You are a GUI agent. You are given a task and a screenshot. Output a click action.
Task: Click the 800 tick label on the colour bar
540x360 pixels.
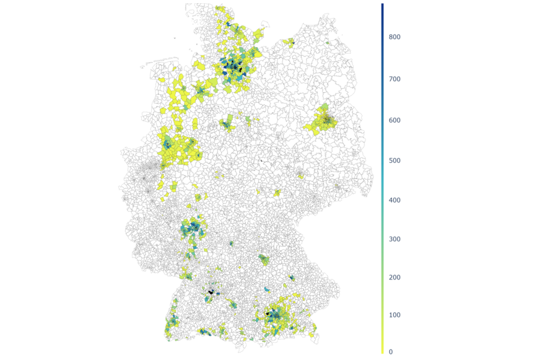[x=394, y=37]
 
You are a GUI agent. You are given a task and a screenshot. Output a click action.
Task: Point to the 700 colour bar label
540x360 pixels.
[x=394, y=79]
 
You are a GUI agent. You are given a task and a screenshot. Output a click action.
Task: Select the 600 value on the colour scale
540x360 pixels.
[x=394, y=120]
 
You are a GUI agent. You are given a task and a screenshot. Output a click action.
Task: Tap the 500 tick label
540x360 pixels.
[x=394, y=160]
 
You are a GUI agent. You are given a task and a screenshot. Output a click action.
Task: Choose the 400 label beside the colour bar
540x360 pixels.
[x=394, y=200]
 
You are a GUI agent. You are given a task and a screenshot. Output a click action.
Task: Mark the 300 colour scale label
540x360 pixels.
[x=394, y=239]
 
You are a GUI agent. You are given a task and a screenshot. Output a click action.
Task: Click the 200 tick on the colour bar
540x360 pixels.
[x=394, y=278]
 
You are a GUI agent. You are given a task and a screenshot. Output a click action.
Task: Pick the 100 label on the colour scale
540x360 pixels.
[x=394, y=315]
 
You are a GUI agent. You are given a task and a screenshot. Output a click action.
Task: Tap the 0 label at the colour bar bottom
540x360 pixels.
[x=390, y=352]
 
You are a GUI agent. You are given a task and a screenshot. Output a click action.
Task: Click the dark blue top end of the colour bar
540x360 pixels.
[x=382, y=6]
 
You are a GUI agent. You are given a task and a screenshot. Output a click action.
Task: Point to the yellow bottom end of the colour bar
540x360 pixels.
[x=382, y=350]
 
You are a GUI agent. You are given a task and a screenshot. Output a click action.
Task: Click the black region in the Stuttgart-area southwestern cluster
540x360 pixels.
[x=212, y=291]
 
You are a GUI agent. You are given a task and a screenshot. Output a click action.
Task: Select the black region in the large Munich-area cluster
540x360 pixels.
[x=268, y=314]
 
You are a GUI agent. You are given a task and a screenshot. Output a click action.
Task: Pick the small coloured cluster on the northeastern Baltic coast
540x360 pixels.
[x=289, y=42]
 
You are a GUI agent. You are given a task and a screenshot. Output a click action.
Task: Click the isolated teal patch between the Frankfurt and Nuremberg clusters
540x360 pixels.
[x=231, y=244]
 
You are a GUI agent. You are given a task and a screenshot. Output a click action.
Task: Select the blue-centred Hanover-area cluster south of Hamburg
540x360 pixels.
[x=227, y=125]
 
